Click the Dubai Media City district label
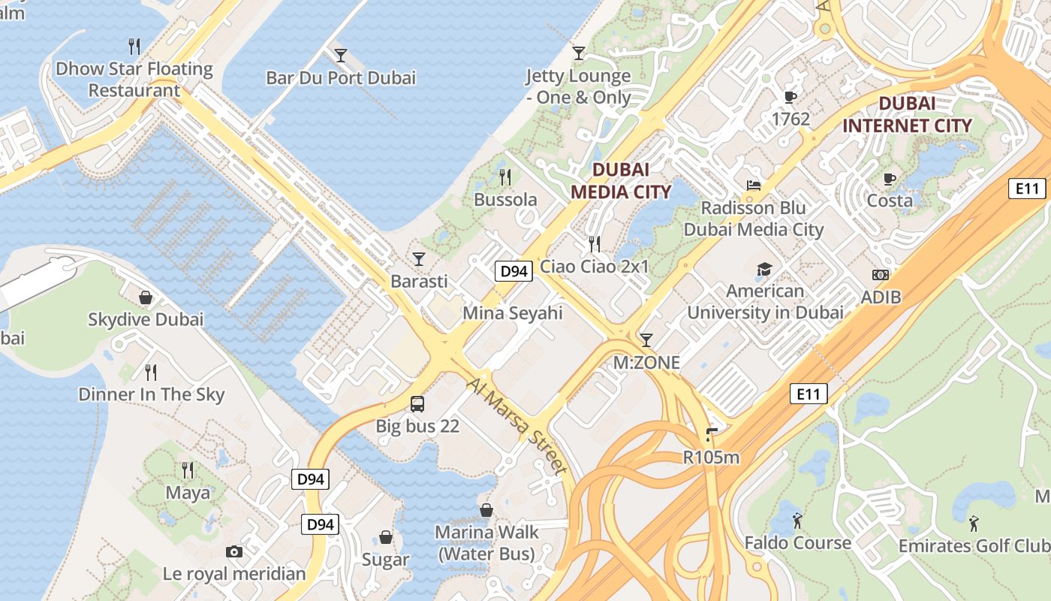pyautogui.click(x=620, y=180)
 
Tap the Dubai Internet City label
pyautogui.click(x=907, y=114)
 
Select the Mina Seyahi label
pyautogui.click(x=512, y=313)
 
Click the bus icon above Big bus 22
pyautogui.click(x=417, y=404)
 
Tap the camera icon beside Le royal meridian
pyautogui.click(x=234, y=552)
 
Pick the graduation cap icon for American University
pyautogui.click(x=764, y=269)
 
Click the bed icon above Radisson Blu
pyautogui.click(x=754, y=186)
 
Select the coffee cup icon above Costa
pyautogui.click(x=890, y=179)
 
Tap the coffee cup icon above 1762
pyautogui.click(x=791, y=97)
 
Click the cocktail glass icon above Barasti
pyautogui.click(x=419, y=259)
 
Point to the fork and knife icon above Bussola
pyautogui.click(x=505, y=177)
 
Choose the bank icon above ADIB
pyautogui.click(x=881, y=276)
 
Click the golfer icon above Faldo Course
pyautogui.click(x=797, y=520)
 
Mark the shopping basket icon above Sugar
pyautogui.click(x=385, y=537)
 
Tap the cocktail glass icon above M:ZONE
pyautogui.click(x=646, y=340)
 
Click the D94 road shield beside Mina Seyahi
pyautogui.click(x=513, y=271)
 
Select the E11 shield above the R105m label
pyautogui.click(x=809, y=393)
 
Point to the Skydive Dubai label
pyautogui.click(x=146, y=319)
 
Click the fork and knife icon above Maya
pyautogui.click(x=188, y=470)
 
